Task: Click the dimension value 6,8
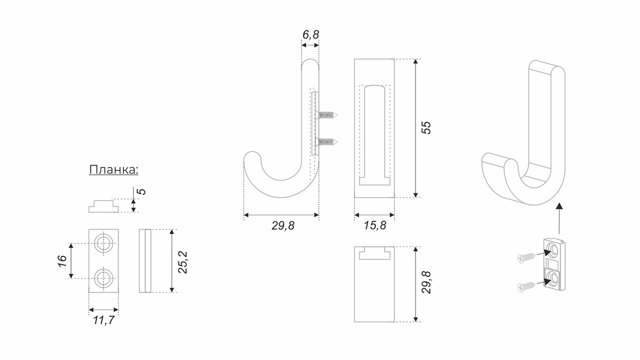click(x=310, y=34)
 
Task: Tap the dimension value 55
click(x=426, y=127)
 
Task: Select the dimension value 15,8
click(x=375, y=225)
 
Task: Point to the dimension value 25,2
click(x=182, y=262)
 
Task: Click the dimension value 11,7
click(x=103, y=320)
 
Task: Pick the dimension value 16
click(x=62, y=261)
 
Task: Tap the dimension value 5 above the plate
click(x=141, y=191)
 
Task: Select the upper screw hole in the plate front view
click(x=103, y=243)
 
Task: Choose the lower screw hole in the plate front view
click(x=103, y=278)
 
